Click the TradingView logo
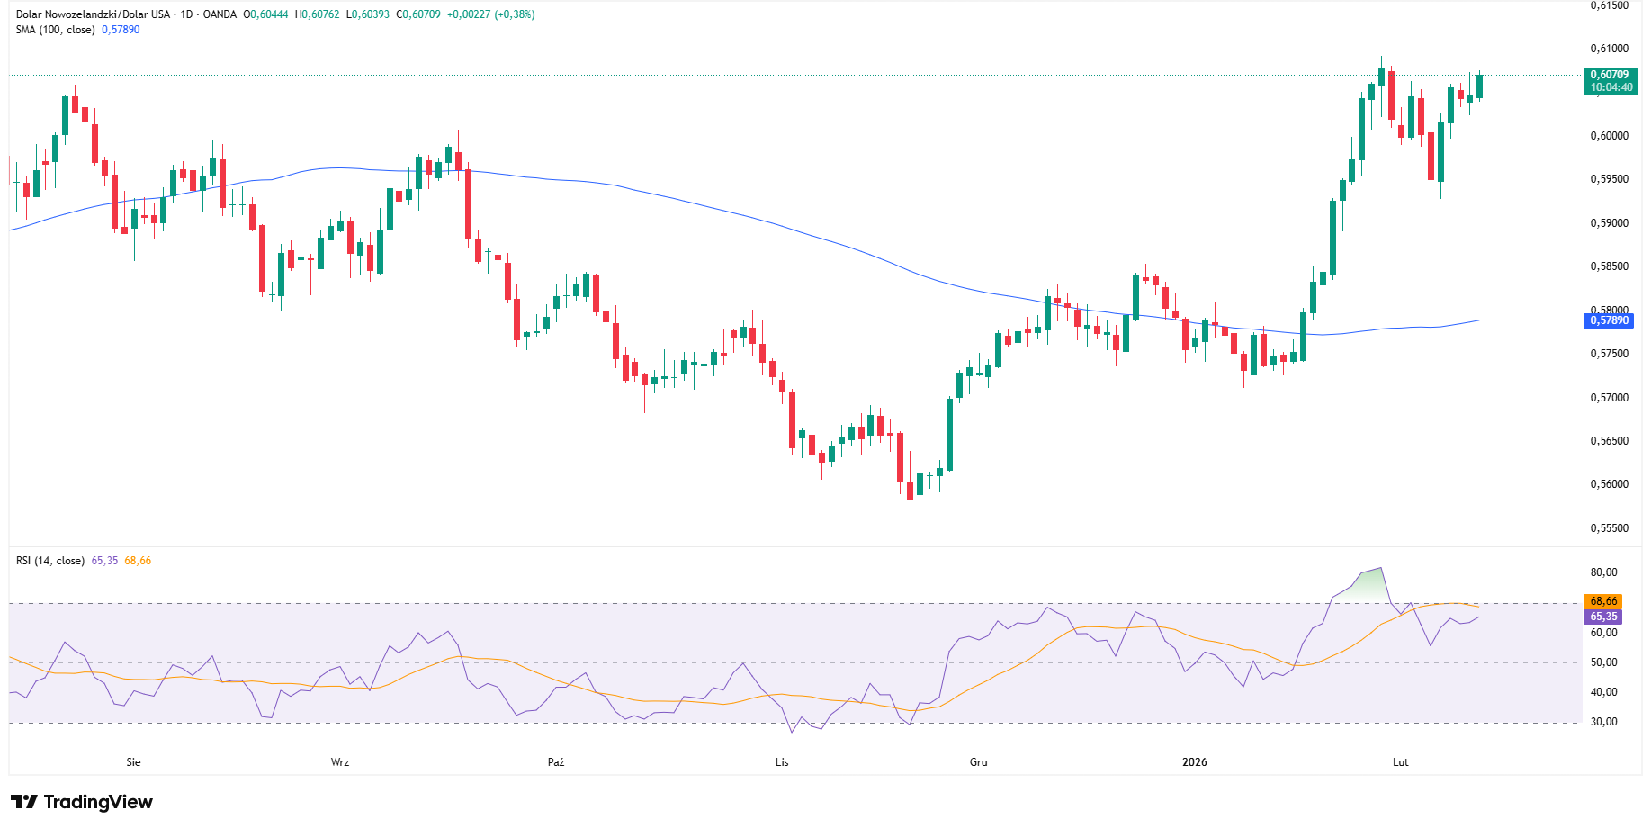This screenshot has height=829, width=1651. click(81, 802)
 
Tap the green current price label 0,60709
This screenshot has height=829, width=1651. click(1610, 76)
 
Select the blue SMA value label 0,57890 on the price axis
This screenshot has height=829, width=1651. click(1609, 320)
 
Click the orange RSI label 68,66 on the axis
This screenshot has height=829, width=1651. click(1603, 601)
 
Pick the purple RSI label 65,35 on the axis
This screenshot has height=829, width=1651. click(1603, 617)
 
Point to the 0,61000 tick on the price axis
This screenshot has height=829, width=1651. click(1609, 49)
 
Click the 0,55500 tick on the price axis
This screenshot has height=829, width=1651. click(1609, 528)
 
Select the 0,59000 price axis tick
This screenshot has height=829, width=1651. click(1609, 223)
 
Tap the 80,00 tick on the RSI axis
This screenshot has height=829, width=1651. click(1603, 572)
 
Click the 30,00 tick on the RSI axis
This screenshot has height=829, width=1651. click(1603, 722)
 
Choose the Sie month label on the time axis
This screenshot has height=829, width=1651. click(133, 762)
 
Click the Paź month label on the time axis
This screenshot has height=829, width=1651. click(556, 762)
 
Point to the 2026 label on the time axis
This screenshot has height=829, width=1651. click(1195, 762)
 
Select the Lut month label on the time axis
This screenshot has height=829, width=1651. click(1400, 762)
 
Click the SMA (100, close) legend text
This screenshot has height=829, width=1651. click(55, 30)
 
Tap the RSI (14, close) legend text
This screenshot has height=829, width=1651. click(50, 561)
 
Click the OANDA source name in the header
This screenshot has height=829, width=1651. click(220, 14)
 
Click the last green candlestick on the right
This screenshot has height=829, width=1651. click(1479, 86)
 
